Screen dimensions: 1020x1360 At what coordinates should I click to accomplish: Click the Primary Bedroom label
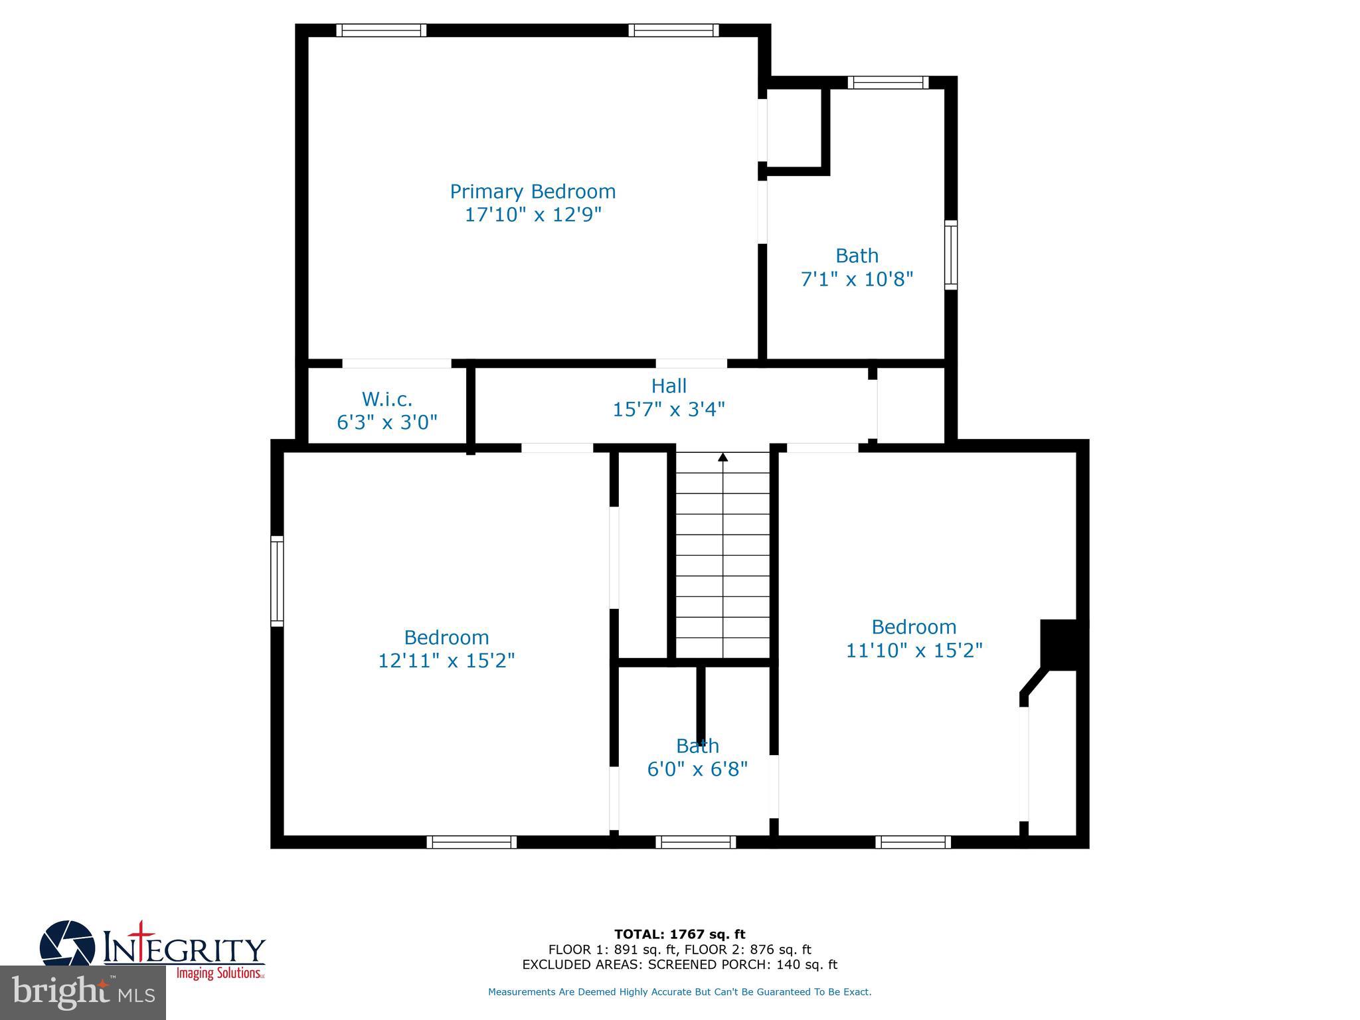[533, 192]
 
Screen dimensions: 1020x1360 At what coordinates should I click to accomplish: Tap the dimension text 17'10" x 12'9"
[533, 215]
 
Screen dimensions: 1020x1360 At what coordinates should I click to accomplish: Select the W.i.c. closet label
[387, 399]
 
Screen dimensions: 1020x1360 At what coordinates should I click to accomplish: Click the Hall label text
[669, 386]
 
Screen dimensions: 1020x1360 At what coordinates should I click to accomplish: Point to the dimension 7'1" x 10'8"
[857, 279]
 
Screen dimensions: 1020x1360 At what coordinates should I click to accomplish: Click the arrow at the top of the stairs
[723, 457]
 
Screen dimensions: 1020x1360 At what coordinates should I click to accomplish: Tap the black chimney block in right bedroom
[1061, 644]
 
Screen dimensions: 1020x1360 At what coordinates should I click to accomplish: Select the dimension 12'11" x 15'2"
[446, 661]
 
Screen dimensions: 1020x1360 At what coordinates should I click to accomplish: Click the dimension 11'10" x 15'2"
[914, 650]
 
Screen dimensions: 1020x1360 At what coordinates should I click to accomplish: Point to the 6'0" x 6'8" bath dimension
[697, 769]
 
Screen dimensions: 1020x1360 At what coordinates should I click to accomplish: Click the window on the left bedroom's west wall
[277, 581]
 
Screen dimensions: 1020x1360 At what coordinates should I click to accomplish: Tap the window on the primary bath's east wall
[951, 255]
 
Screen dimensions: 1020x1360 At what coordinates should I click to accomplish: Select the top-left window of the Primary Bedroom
[381, 30]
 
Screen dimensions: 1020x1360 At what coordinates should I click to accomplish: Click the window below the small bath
[696, 842]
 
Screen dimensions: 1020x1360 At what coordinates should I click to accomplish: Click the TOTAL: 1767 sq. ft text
[679, 934]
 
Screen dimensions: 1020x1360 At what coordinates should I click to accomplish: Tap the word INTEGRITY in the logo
[185, 950]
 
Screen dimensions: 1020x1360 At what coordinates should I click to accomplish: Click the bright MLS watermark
[83, 993]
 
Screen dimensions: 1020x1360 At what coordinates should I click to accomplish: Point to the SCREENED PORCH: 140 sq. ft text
[742, 965]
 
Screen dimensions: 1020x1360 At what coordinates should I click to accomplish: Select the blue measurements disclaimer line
[679, 992]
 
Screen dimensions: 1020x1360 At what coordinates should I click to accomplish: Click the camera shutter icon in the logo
[66, 944]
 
